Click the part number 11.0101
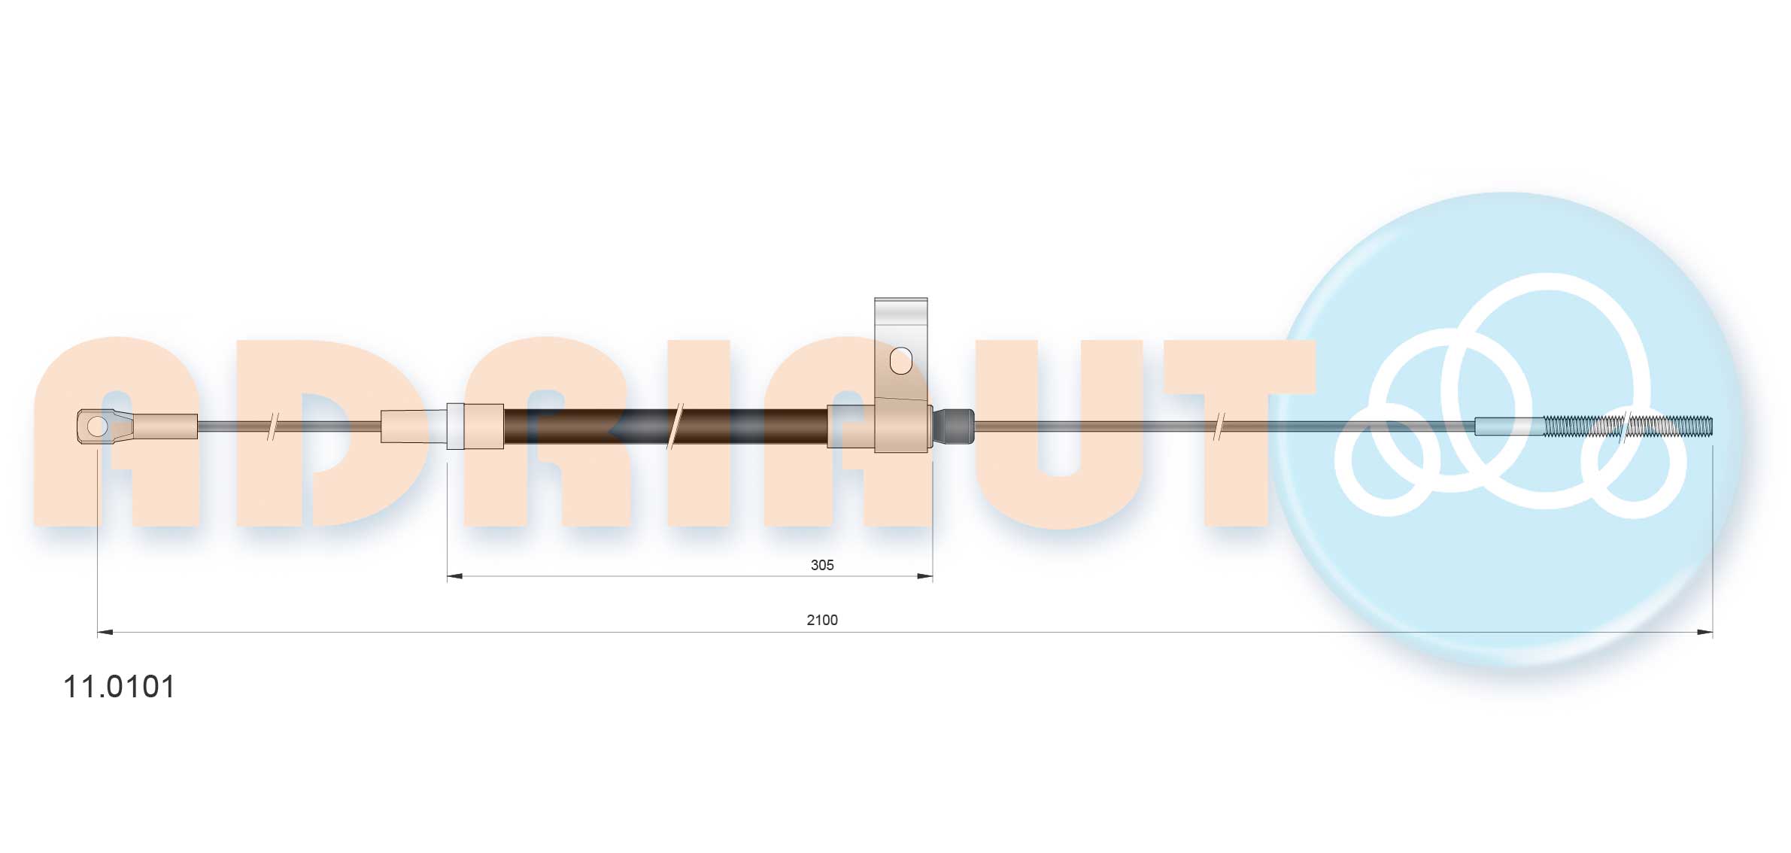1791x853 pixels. pos(119,687)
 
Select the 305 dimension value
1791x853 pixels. pos(822,565)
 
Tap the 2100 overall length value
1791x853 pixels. pos(822,620)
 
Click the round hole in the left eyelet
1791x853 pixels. pos(97,426)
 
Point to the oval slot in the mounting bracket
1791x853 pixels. pos(900,361)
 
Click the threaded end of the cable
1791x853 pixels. pos(1628,426)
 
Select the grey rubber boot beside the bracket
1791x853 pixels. pos(954,426)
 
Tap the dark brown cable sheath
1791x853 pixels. pos(602,426)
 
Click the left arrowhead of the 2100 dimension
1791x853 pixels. pos(105,632)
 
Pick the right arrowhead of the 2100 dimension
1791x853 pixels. pos(1704,632)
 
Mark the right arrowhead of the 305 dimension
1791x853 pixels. pos(925,576)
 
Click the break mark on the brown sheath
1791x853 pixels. pos(675,426)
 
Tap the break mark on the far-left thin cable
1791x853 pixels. pos(273,426)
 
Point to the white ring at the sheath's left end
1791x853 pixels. pos(455,426)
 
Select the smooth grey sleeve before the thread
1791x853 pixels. pos(1508,426)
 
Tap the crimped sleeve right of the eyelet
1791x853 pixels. pos(165,426)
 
